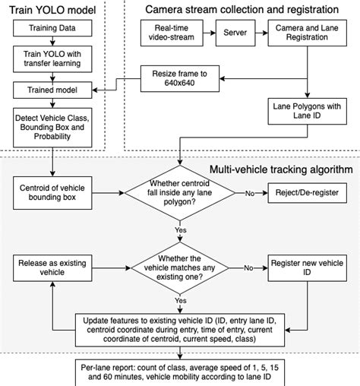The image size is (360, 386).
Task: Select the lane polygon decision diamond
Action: coord(180,195)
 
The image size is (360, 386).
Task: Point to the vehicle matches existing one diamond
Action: coord(180,267)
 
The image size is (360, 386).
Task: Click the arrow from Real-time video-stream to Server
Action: coord(206,33)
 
